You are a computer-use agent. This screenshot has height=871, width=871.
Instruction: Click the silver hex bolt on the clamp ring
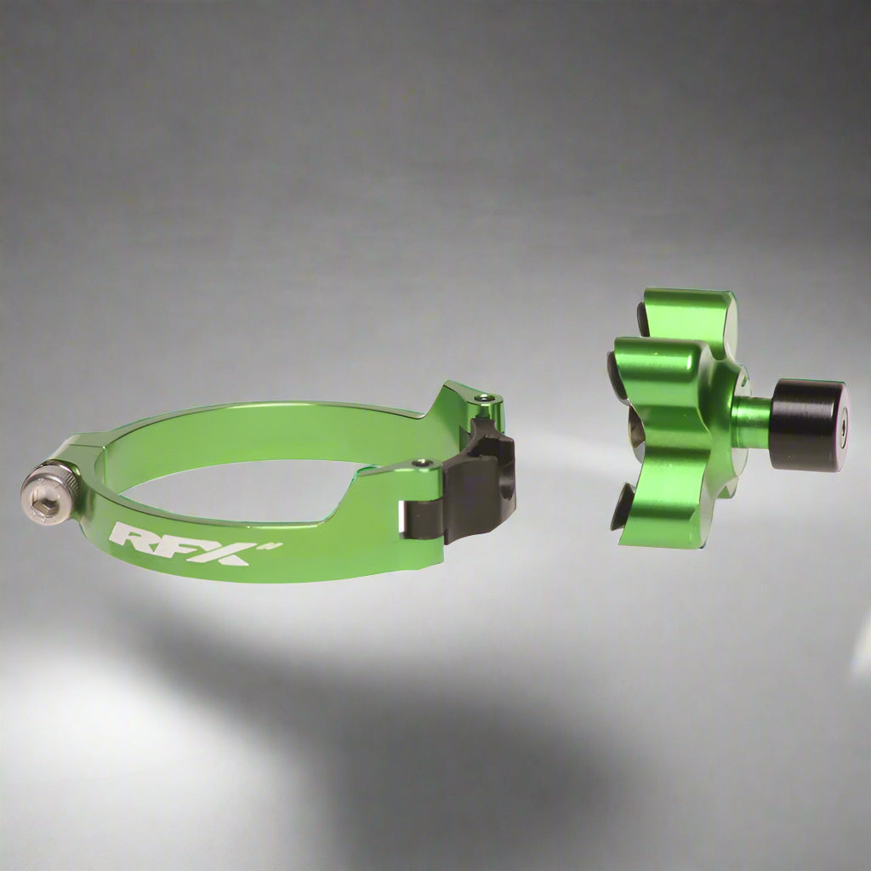point(50,493)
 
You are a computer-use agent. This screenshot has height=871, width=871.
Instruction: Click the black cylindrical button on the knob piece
point(806,424)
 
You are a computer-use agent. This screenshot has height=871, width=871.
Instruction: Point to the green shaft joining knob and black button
point(751,420)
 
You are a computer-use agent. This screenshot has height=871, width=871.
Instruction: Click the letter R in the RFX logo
point(131,538)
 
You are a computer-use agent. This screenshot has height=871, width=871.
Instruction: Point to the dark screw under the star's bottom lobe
point(622,506)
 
